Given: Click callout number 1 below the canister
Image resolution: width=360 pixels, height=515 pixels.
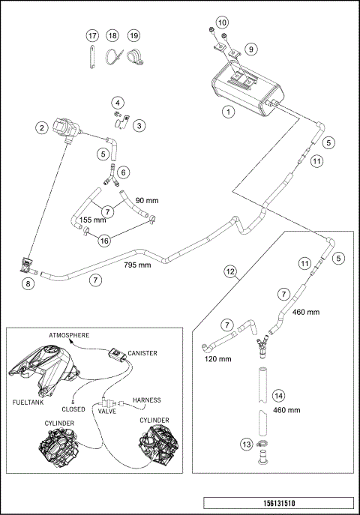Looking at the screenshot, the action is [x=228, y=112].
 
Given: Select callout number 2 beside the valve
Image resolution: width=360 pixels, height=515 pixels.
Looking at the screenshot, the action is [x=42, y=127].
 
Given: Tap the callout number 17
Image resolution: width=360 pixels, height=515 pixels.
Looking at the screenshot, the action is [x=92, y=35].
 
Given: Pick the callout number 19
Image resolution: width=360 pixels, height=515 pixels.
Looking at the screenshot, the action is [x=133, y=35].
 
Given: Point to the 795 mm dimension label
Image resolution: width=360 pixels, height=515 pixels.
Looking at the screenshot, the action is [x=137, y=265].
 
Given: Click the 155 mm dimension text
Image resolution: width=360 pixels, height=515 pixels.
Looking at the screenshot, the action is [x=93, y=220].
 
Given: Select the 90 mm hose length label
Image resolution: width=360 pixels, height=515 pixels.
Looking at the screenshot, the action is [x=147, y=200].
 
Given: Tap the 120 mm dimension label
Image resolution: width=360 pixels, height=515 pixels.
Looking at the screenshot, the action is [x=217, y=358].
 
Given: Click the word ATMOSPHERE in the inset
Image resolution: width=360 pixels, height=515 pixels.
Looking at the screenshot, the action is [x=69, y=335].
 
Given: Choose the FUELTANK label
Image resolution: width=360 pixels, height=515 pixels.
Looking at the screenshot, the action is [x=28, y=403].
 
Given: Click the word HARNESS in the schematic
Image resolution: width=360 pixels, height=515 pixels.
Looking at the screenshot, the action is [x=147, y=400].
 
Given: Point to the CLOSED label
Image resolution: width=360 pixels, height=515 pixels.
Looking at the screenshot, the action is [x=73, y=409].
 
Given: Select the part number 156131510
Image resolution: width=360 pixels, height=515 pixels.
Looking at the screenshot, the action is [x=279, y=503].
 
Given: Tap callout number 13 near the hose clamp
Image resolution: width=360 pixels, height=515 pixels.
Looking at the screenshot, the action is [x=247, y=445].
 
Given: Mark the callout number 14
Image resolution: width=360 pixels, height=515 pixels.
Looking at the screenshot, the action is [x=278, y=396].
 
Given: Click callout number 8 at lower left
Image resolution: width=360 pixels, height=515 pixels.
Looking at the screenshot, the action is [x=28, y=283].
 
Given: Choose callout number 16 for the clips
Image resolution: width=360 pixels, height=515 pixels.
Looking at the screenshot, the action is [x=104, y=241].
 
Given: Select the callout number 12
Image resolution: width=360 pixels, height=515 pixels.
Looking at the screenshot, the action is [x=230, y=271].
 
